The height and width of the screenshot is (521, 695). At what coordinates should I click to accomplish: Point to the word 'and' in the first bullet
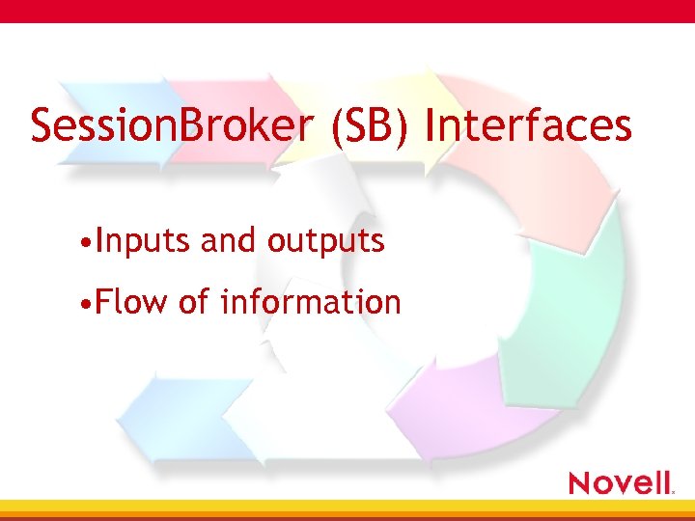tap(229, 240)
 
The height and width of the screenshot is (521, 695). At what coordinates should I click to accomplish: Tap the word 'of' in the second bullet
tap(193, 302)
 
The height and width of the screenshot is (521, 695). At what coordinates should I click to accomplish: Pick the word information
tap(310, 302)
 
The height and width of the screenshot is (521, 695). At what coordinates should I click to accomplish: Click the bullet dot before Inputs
tap(87, 242)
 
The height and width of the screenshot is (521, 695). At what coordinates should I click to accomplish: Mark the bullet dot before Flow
tap(87, 304)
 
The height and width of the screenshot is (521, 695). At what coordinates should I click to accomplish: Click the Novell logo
tap(620, 481)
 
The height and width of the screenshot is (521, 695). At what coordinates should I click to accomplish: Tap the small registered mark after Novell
tap(673, 490)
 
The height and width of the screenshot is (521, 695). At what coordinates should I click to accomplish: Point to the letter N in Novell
tap(582, 481)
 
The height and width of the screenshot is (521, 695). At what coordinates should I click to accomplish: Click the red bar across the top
tap(347, 11)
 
